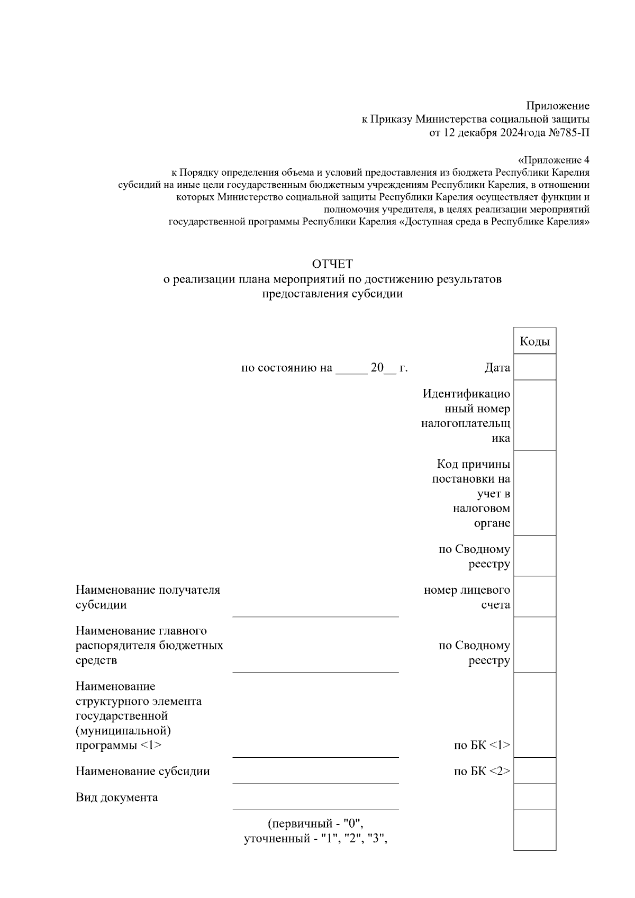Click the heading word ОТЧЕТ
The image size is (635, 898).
click(332, 264)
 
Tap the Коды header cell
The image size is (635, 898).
click(534, 341)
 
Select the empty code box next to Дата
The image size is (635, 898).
click(534, 367)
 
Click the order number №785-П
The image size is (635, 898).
click(569, 133)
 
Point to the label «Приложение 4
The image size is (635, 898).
click(553, 160)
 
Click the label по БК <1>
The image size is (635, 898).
click(482, 746)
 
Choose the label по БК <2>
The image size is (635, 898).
click(482, 772)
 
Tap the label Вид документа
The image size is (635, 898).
click(116, 797)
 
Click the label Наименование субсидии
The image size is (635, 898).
click(142, 772)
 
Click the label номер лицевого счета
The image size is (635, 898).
click(467, 597)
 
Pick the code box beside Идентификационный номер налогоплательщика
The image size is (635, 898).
click(534, 415)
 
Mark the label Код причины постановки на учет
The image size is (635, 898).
click(471, 493)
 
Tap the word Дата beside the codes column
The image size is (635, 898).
click(497, 368)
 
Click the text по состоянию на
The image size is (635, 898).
click(286, 368)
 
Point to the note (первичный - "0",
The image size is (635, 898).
click(315, 824)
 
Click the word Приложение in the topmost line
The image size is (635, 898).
click(557, 106)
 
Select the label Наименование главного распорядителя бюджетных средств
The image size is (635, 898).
click(149, 646)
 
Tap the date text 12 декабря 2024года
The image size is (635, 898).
click(489, 133)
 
